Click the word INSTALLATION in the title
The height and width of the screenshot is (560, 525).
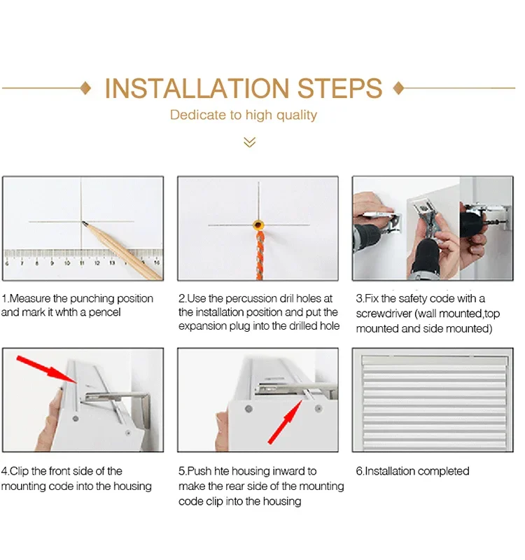pyautogui.click(x=197, y=88)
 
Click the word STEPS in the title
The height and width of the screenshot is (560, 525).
pyautogui.click(x=339, y=88)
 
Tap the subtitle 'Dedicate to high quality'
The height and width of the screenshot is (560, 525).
pyautogui.click(x=243, y=115)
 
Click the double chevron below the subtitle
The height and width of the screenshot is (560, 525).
pyautogui.click(x=250, y=142)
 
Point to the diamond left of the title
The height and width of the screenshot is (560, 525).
pyautogui.click(x=85, y=88)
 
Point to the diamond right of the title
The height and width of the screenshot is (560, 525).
pyautogui.click(x=398, y=88)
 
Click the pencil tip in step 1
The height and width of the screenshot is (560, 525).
pyautogui.click(x=83, y=223)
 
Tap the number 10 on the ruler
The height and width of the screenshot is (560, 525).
pyautogui.click(x=66, y=263)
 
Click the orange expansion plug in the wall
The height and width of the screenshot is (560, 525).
pyautogui.click(x=258, y=225)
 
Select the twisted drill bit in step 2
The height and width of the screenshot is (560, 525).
pyautogui.click(x=259, y=254)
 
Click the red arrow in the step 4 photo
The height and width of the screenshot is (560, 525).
pyautogui.click(x=47, y=370)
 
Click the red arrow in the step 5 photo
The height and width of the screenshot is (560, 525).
pyautogui.click(x=285, y=422)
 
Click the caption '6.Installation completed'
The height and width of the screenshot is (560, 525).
pyautogui.click(x=412, y=471)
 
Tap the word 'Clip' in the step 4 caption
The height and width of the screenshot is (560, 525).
pyautogui.click(x=19, y=471)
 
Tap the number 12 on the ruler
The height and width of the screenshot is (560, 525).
pyautogui.click(x=97, y=263)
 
